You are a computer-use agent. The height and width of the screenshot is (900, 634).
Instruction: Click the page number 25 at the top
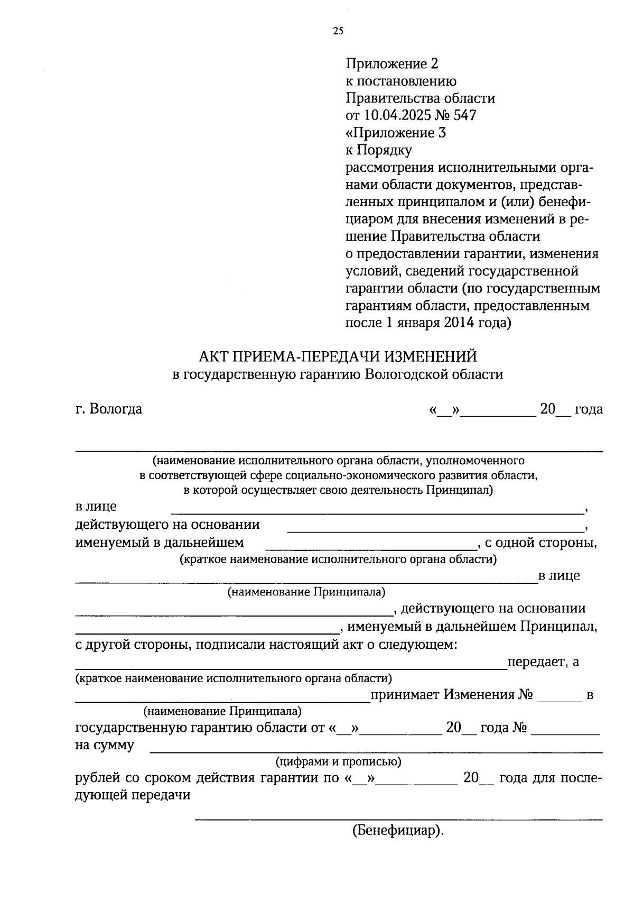pyautogui.click(x=338, y=31)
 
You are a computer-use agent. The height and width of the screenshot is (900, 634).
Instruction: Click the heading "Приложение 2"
pyautogui.click(x=392, y=64)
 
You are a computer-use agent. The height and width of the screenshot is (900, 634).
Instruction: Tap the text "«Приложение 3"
pyautogui.click(x=396, y=133)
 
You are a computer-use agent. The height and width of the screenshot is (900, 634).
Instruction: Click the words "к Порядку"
pyautogui.click(x=378, y=150)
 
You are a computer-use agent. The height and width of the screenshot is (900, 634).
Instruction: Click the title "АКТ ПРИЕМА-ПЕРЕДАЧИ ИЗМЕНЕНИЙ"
pyautogui.click(x=338, y=356)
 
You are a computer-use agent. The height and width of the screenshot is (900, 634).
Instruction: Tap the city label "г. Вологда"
pyautogui.click(x=109, y=409)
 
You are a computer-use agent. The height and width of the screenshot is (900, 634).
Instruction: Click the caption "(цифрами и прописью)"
pyautogui.click(x=338, y=762)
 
